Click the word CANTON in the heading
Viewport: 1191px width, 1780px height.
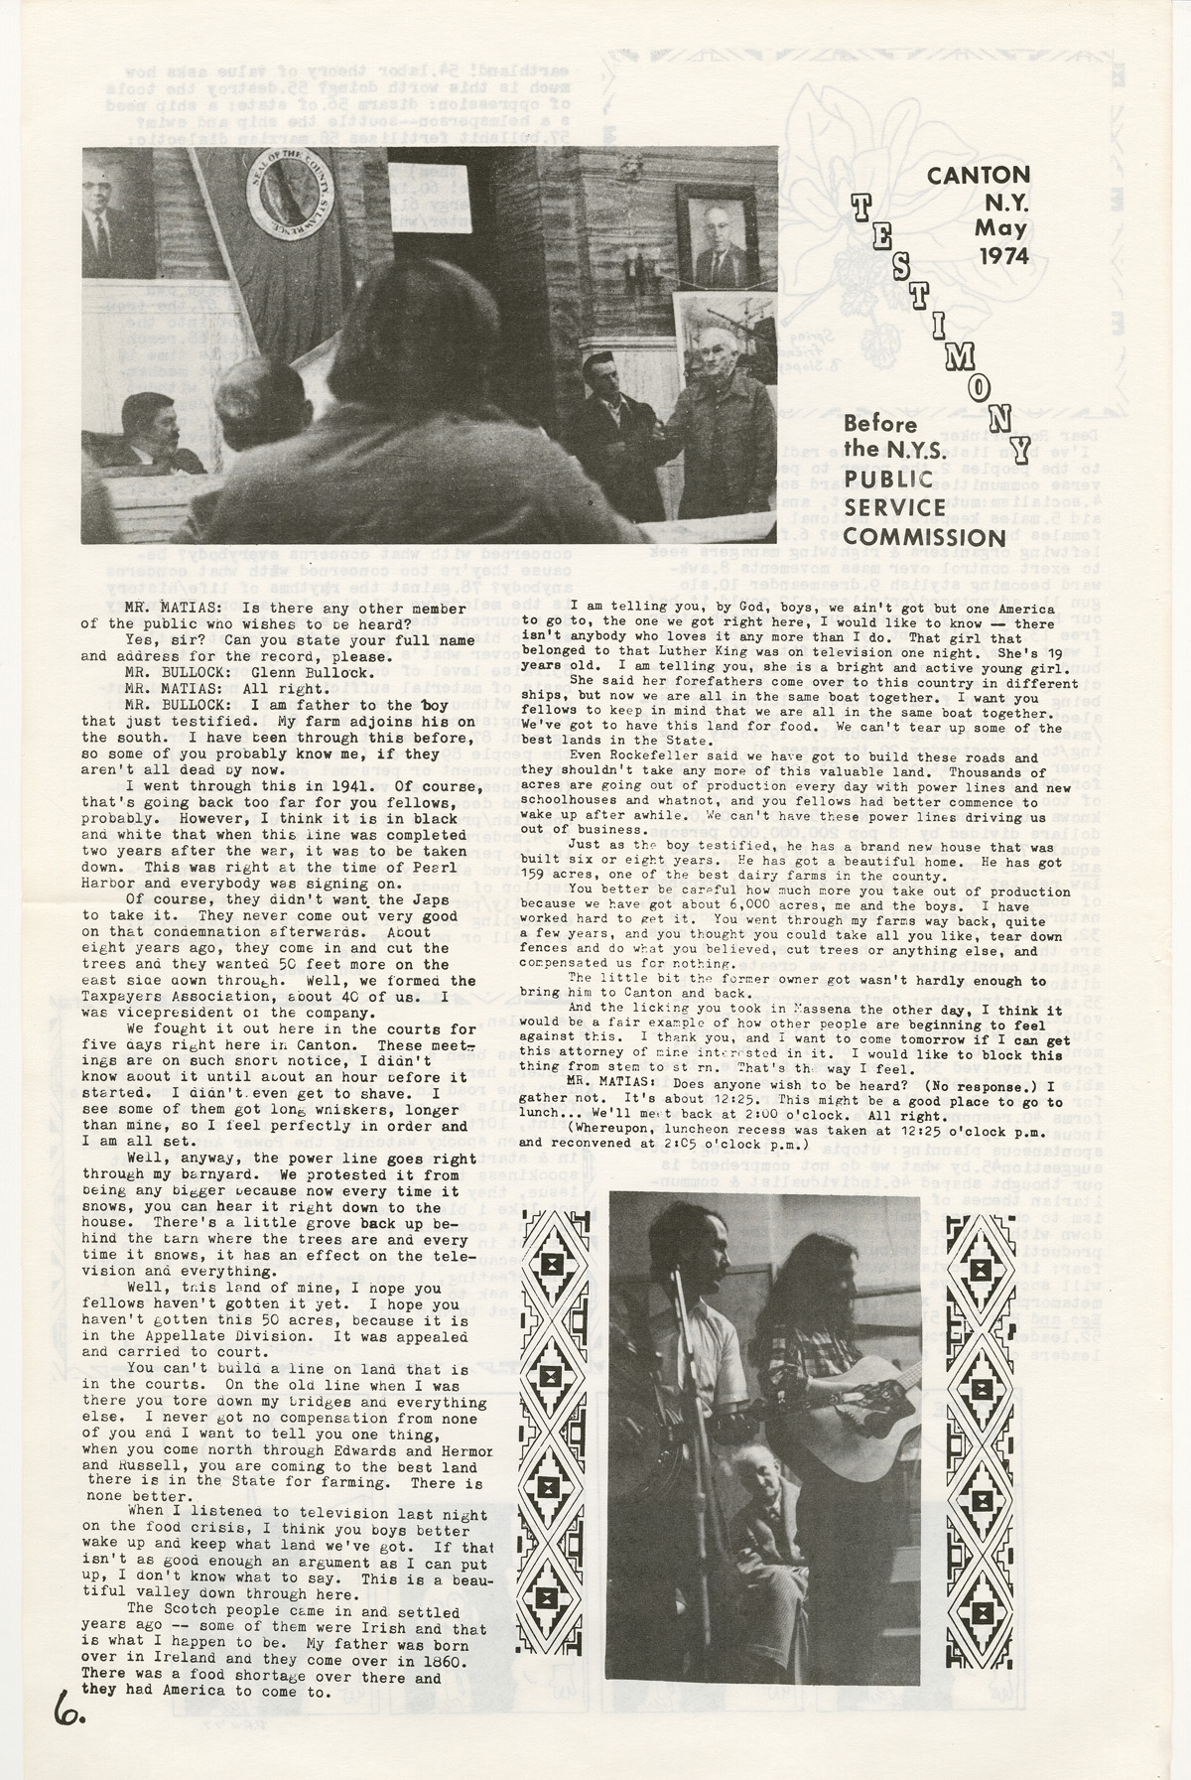978,175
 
